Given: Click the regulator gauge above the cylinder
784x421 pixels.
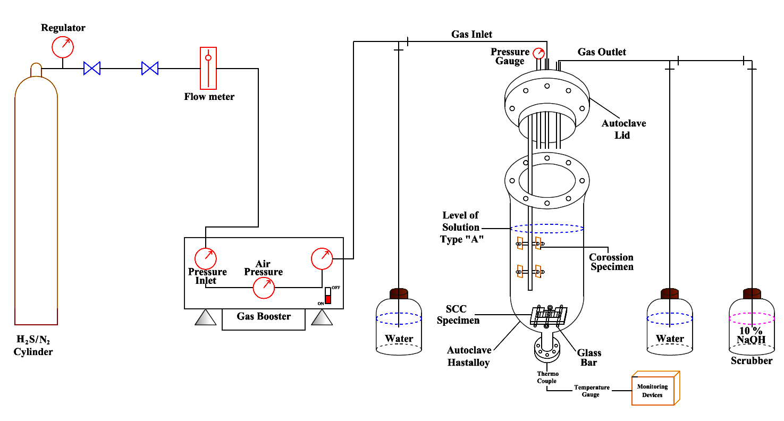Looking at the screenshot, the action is pyautogui.click(x=63, y=47).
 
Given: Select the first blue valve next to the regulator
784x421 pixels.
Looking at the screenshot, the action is pyautogui.click(x=92, y=68).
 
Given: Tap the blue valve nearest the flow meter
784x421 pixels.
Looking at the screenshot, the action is pyautogui.click(x=150, y=68).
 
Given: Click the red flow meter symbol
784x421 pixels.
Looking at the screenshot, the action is pyautogui.click(x=208, y=68).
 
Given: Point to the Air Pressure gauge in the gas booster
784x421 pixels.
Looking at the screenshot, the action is pyautogui.click(x=264, y=288).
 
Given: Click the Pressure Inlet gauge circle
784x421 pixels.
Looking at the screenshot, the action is pyautogui.click(x=206, y=259).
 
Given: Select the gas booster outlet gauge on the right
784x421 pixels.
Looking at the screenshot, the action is pyautogui.click(x=322, y=259).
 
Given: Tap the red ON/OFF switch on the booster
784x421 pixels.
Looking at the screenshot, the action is pyautogui.click(x=328, y=296).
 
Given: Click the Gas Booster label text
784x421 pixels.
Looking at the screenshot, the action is pyautogui.click(x=264, y=316).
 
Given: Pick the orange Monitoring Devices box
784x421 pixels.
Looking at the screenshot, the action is pyautogui.click(x=655, y=388).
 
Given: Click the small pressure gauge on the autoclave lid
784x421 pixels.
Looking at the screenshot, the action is pyautogui.click(x=538, y=54).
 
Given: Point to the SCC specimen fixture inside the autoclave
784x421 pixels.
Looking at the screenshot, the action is pyautogui.click(x=549, y=316).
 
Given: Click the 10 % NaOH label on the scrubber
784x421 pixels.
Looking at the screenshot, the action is pyautogui.click(x=751, y=335).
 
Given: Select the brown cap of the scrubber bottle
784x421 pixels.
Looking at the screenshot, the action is pyautogui.click(x=752, y=293).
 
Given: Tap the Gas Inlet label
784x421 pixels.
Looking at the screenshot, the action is pyautogui.click(x=471, y=35).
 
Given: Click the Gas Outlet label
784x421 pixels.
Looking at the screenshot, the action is pyautogui.click(x=602, y=52).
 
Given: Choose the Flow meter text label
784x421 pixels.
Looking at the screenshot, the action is pyautogui.click(x=209, y=97).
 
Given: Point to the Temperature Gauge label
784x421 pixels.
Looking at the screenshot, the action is pyautogui.click(x=592, y=391).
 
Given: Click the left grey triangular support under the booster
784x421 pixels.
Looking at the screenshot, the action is pyautogui.click(x=206, y=317).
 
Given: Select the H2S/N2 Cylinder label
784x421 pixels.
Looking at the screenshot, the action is pyautogui.click(x=33, y=346).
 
